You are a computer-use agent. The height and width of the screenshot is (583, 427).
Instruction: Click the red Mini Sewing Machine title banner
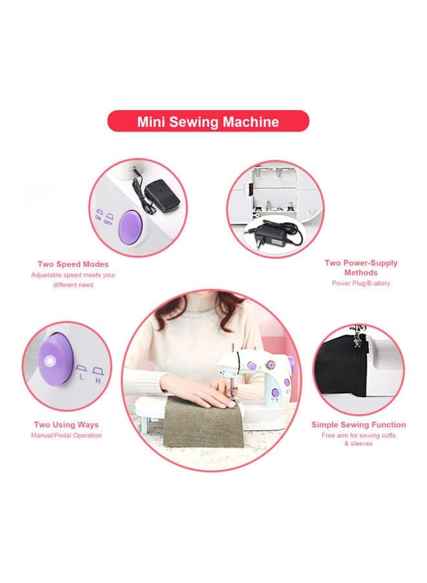click(x=208, y=121)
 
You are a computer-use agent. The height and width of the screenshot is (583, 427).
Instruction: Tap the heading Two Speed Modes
click(x=73, y=264)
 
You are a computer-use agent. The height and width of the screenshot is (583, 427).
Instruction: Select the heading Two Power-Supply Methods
click(x=361, y=268)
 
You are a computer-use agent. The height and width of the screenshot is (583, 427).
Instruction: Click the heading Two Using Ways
click(x=67, y=424)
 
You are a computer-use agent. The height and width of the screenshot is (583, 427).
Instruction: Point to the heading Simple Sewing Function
click(x=358, y=424)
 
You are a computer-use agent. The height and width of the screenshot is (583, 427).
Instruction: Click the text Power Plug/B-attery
click(x=361, y=283)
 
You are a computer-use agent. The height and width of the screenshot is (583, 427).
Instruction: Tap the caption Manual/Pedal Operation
click(x=67, y=435)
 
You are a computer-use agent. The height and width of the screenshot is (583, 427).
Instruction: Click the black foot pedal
click(x=162, y=196)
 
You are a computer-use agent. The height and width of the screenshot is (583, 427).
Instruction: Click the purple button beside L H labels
click(x=56, y=360)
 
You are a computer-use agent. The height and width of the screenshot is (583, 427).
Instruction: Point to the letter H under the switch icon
click(x=98, y=381)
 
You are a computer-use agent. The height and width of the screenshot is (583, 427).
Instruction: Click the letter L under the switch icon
click(x=82, y=377)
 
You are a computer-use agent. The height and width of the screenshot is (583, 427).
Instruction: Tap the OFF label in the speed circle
click(x=108, y=222)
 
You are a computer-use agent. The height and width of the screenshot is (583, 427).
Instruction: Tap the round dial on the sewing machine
click(x=269, y=364)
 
